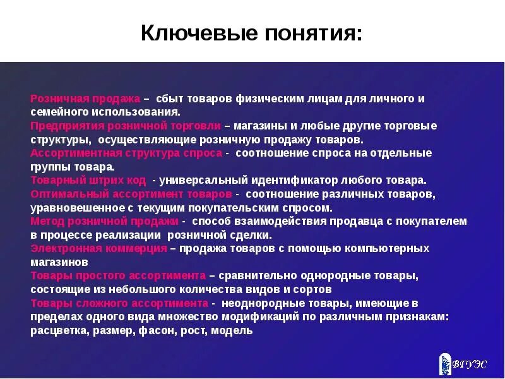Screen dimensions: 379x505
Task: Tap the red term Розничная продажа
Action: pos(85,99)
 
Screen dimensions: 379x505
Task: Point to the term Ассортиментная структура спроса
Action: pos(126,153)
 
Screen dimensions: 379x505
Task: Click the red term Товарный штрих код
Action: pos(88,180)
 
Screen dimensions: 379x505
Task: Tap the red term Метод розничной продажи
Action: pos(105,221)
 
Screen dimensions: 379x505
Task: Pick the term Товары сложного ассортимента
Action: pos(119,303)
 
